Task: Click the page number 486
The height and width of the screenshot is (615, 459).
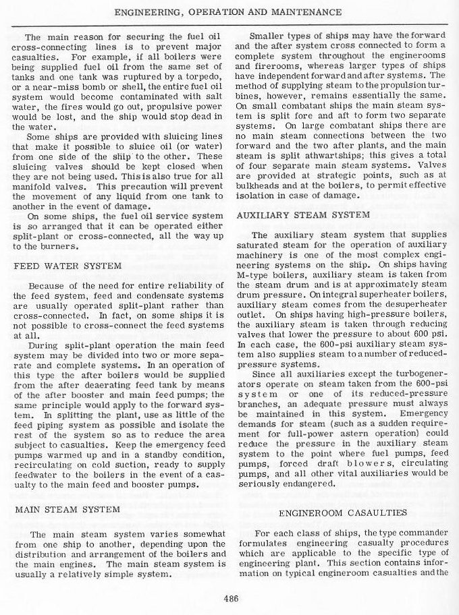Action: pyautogui.click(x=229, y=596)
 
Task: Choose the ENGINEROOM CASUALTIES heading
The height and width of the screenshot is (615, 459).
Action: pyautogui.click(x=342, y=513)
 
